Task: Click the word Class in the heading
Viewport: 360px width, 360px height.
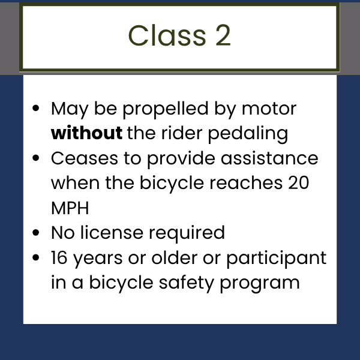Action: point(167,35)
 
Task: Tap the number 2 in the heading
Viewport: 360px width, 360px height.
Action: point(223,35)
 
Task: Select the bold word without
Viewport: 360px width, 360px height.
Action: point(86,133)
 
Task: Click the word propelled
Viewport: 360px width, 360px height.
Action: point(166,110)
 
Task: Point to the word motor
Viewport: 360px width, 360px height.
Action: point(269,109)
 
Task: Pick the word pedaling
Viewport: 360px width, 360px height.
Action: point(248,134)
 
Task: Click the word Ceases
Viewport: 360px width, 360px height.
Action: point(85,158)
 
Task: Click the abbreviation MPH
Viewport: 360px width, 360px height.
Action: point(70,208)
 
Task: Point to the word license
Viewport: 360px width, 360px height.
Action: point(112,232)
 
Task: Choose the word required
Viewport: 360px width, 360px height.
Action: point(187,234)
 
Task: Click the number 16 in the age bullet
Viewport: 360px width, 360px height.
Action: point(59,257)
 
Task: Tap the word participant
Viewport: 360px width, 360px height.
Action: point(277,259)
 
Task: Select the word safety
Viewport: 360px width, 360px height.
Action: point(187,284)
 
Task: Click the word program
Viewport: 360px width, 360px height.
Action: point(260,284)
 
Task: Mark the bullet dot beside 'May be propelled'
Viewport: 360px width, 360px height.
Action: point(36,108)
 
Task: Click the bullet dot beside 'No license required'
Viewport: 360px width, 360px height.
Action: point(36,233)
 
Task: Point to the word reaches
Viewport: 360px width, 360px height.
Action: point(246,183)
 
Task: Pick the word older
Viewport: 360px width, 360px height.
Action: point(175,257)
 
